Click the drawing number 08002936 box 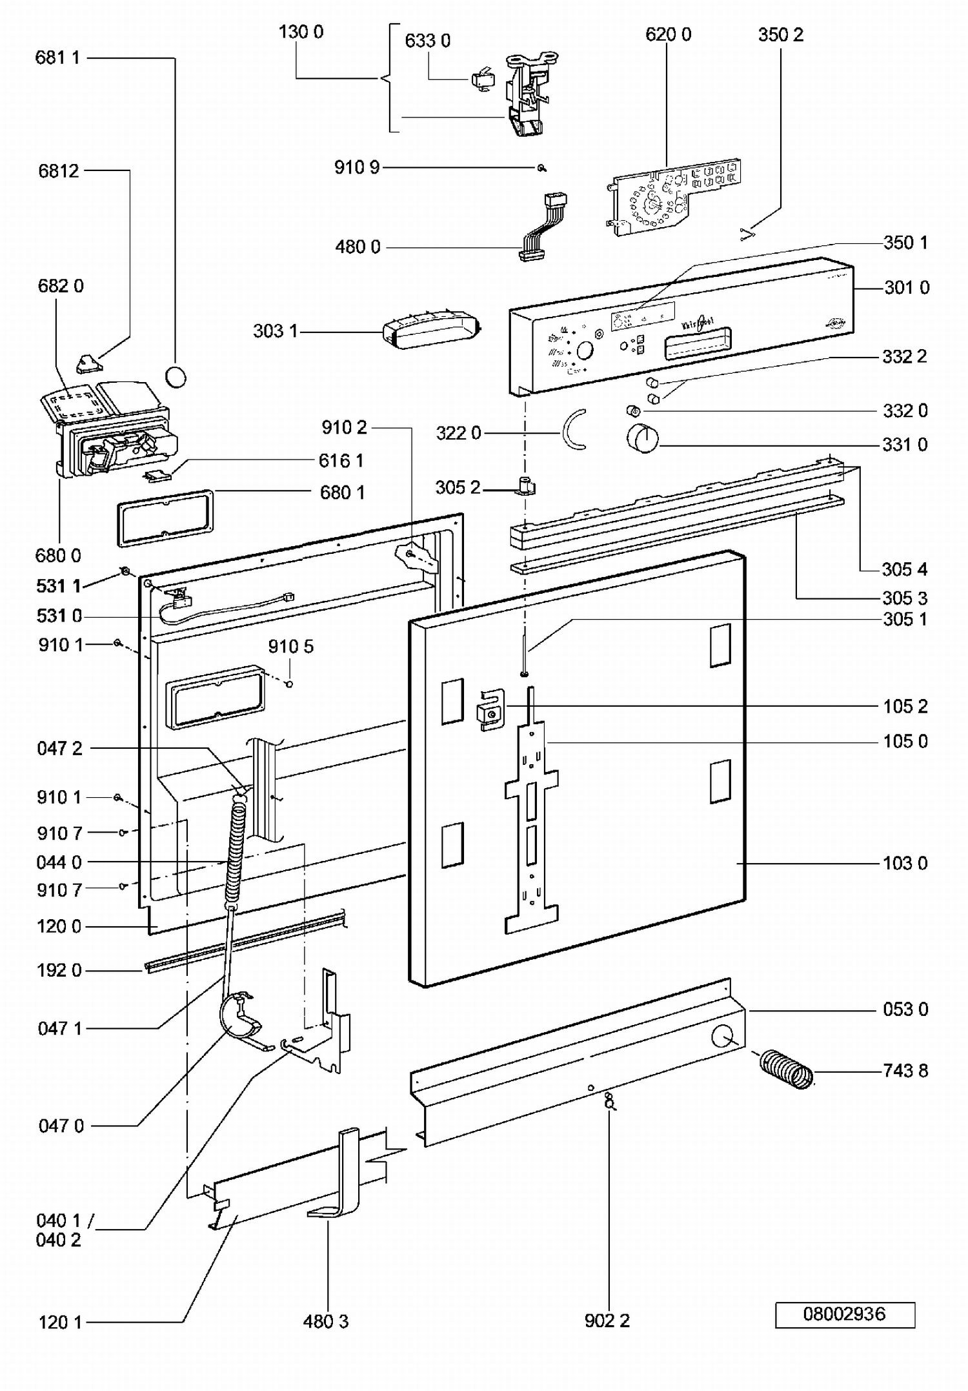coord(845,1314)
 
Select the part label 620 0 coord(668,35)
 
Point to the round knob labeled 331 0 coord(643,439)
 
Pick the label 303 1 coord(276,332)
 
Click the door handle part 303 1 coord(430,329)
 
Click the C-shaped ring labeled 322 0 coord(572,429)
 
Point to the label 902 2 coord(607,1321)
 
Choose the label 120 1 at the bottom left coord(61,1323)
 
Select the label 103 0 coord(905,864)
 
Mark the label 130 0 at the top coord(301,32)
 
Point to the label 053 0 coord(905,1010)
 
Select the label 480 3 coord(326,1321)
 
